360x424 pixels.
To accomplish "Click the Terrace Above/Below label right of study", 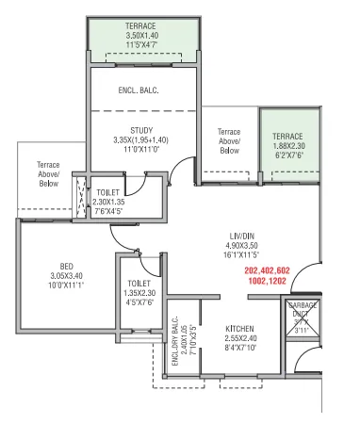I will click(229, 140).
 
